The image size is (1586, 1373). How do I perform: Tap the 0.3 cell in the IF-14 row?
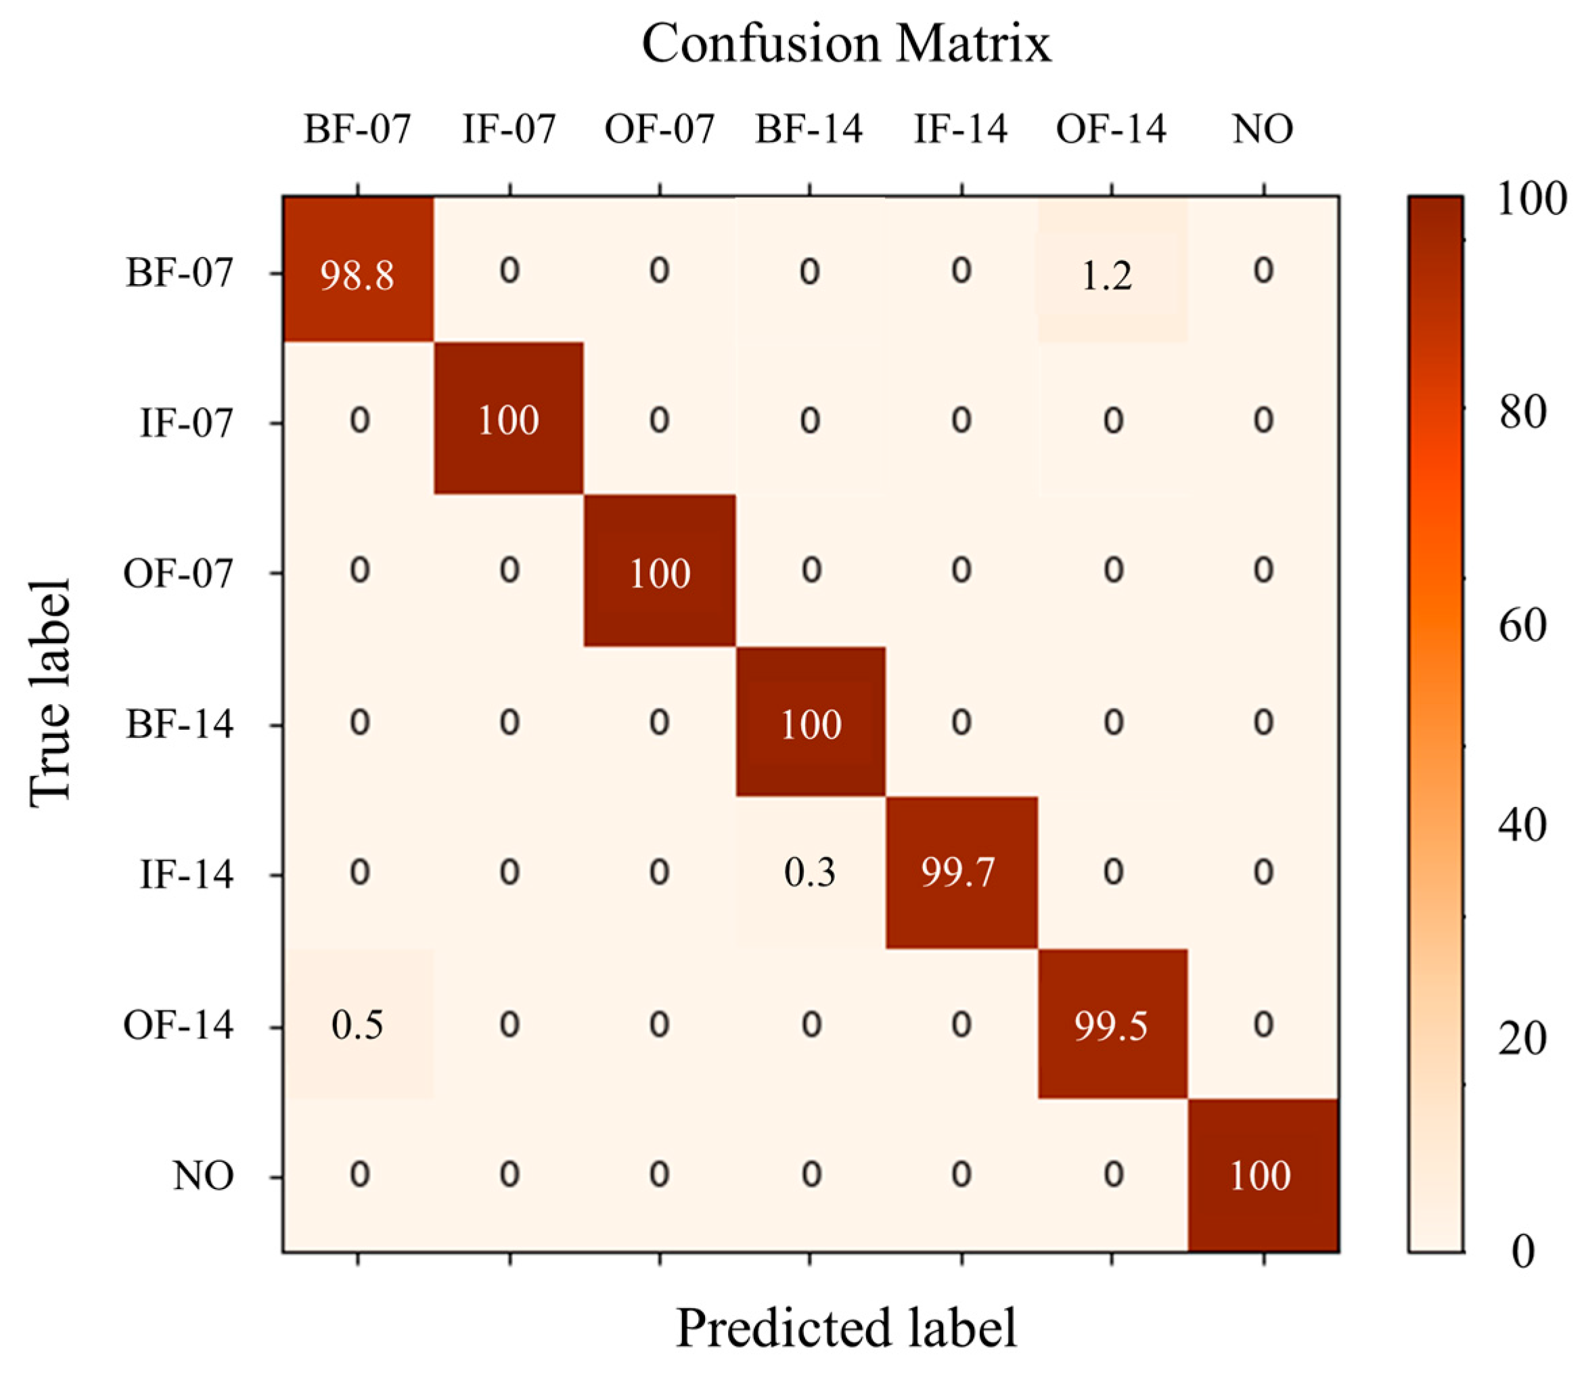tap(809, 872)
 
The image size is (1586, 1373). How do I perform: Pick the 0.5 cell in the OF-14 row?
tap(357, 1025)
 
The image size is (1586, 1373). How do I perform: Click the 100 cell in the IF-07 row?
tap(508, 420)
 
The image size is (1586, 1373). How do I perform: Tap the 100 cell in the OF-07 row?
tap(659, 572)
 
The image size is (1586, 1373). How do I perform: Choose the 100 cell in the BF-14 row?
tap(810, 723)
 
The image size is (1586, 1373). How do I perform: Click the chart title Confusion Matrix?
tap(846, 43)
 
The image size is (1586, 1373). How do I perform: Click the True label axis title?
tap(51, 693)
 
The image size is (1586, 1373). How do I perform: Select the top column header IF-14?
tap(961, 129)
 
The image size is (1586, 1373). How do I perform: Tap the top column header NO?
tap(1263, 129)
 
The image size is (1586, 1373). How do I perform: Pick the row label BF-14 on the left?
tap(179, 723)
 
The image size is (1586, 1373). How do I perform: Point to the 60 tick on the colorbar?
tap(1522, 625)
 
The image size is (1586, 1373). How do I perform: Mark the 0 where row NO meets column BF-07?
tap(359, 1175)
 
